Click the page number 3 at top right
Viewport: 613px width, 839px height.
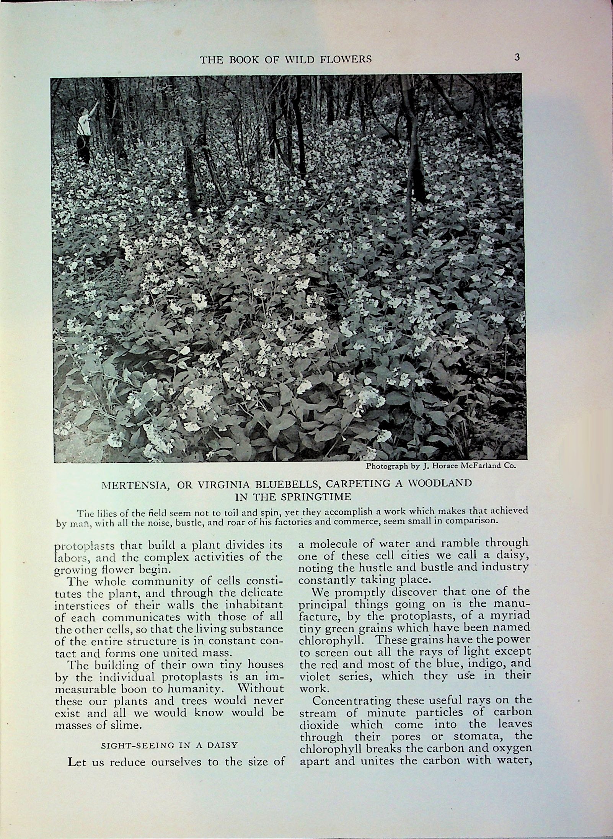tap(517, 58)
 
